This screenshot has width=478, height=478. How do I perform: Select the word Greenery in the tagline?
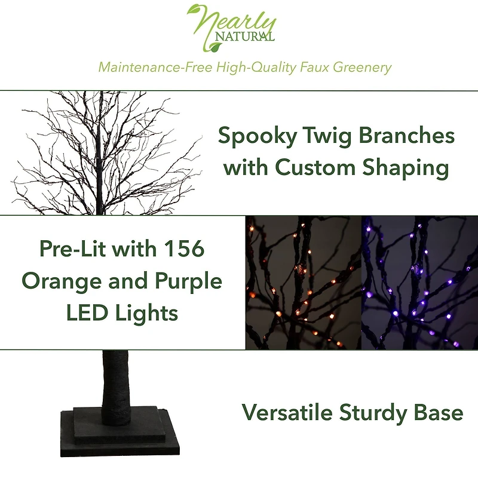click(x=362, y=67)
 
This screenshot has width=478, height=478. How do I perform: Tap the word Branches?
click(x=406, y=136)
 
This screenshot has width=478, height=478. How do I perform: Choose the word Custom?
click(x=317, y=168)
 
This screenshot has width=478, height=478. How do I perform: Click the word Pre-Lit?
click(x=76, y=249)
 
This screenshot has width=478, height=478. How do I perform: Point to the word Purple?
click(x=185, y=282)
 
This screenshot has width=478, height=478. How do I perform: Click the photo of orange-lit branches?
click(x=304, y=282)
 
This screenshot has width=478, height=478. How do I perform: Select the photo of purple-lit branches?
click(x=419, y=282)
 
